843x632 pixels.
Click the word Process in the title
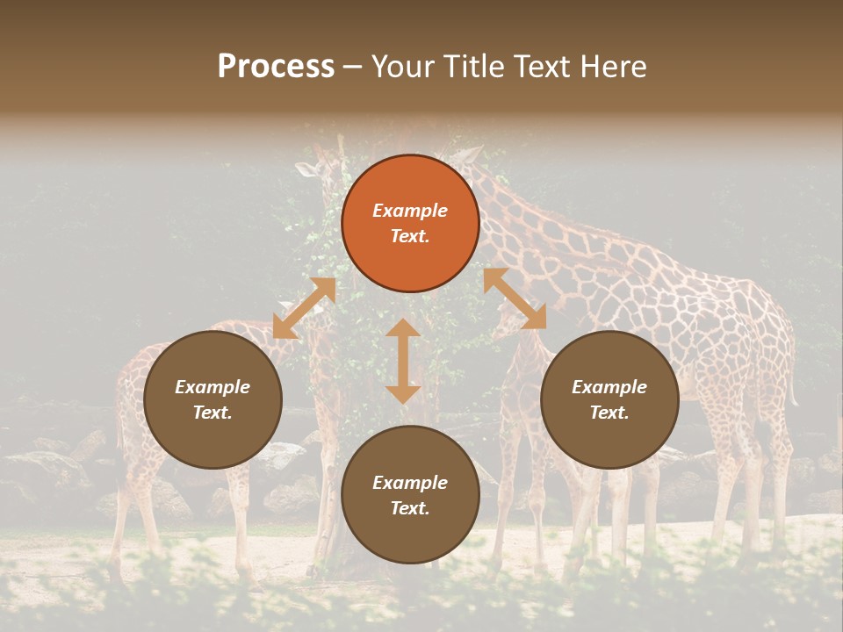[276, 67]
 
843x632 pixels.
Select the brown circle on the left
[213, 399]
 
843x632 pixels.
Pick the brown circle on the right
[609, 399]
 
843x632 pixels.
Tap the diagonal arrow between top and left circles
[304, 308]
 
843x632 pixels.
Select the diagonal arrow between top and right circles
[515, 298]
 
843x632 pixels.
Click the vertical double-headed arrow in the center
[403, 361]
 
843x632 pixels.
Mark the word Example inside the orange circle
[410, 211]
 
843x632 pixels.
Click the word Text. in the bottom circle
[410, 508]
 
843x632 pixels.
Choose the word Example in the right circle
[609, 387]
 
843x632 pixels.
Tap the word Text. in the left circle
[213, 413]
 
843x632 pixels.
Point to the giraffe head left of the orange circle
[316, 167]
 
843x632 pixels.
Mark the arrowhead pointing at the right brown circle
[534, 318]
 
